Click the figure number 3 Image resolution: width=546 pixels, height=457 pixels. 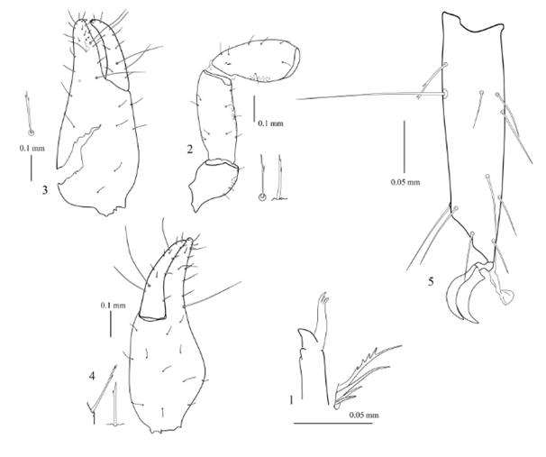coord(45,190)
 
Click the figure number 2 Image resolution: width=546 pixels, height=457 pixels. coord(190,150)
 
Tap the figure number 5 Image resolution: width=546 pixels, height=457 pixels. coord(431,281)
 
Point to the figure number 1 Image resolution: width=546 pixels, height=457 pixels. coord(291,400)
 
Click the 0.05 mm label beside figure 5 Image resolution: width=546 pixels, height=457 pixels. coord(405,182)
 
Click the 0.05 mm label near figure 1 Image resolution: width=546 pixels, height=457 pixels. coord(364,415)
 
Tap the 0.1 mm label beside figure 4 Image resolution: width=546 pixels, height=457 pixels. coord(114,306)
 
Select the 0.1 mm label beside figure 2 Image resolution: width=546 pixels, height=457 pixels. coord(270,123)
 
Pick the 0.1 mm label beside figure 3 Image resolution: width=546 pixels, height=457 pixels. coord(32,148)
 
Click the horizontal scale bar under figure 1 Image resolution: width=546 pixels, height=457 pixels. coord(333,424)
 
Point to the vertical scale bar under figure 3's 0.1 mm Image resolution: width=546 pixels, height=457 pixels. coord(31,169)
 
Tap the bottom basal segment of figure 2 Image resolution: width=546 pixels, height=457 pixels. coord(214,186)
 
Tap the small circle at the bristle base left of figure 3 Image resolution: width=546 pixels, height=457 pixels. coord(32,133)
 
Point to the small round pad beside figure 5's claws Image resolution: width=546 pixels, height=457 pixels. coord(506,297)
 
